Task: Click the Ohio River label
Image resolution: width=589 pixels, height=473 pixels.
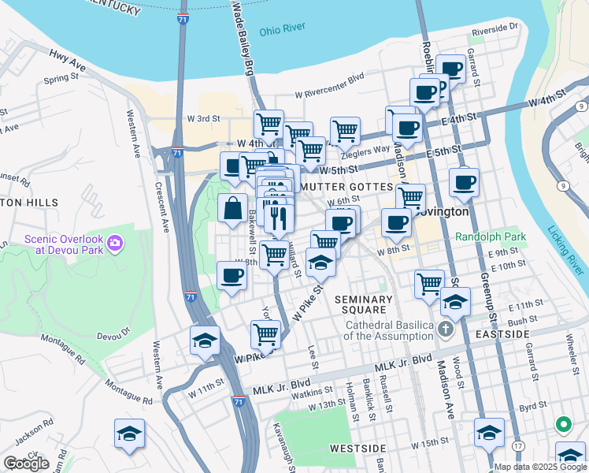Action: pyautogui.click(x=282, y=28)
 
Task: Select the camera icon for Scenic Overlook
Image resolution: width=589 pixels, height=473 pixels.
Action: pyautogui.click(x=114, y=241)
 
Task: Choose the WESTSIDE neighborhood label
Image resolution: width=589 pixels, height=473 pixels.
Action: pyautogui.click(x=357, y=448)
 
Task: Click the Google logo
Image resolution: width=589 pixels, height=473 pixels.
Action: pyautogui.click(x=26, y=464)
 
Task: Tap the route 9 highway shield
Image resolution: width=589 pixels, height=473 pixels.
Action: pyautogui.click(x=564, y=186)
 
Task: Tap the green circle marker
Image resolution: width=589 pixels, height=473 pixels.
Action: pyautogui.click(x=563, y=425)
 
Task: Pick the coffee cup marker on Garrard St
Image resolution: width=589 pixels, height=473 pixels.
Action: pyautogui.click(x=452, y=69)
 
